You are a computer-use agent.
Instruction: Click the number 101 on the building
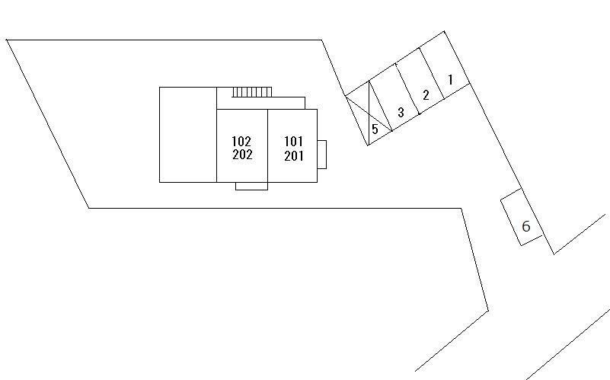(293, 141)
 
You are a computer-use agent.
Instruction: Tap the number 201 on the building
(294, 156)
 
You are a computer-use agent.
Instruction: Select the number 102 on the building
(241, 141)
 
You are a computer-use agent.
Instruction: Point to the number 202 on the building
(242, 155)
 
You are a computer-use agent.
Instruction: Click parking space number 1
(451, 80)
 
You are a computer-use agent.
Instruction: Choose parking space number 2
(426, 95)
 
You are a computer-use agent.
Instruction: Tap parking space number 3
(401, 112)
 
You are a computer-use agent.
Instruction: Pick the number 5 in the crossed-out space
(375, 129)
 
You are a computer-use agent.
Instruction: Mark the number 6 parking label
(526, 226)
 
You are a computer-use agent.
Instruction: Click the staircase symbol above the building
(252, 92)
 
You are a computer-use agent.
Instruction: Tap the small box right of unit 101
(321, 155)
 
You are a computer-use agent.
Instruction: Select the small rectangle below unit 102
(251, 186)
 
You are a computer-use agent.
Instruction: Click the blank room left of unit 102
(188, 135)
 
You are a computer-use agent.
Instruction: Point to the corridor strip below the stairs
(260, 103)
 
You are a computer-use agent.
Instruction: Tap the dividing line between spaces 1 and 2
(431, 74)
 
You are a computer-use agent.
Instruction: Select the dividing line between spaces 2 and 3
(407, 88)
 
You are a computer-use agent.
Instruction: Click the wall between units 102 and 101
(267, 145)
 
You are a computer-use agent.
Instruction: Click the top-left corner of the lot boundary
(6, 40)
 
